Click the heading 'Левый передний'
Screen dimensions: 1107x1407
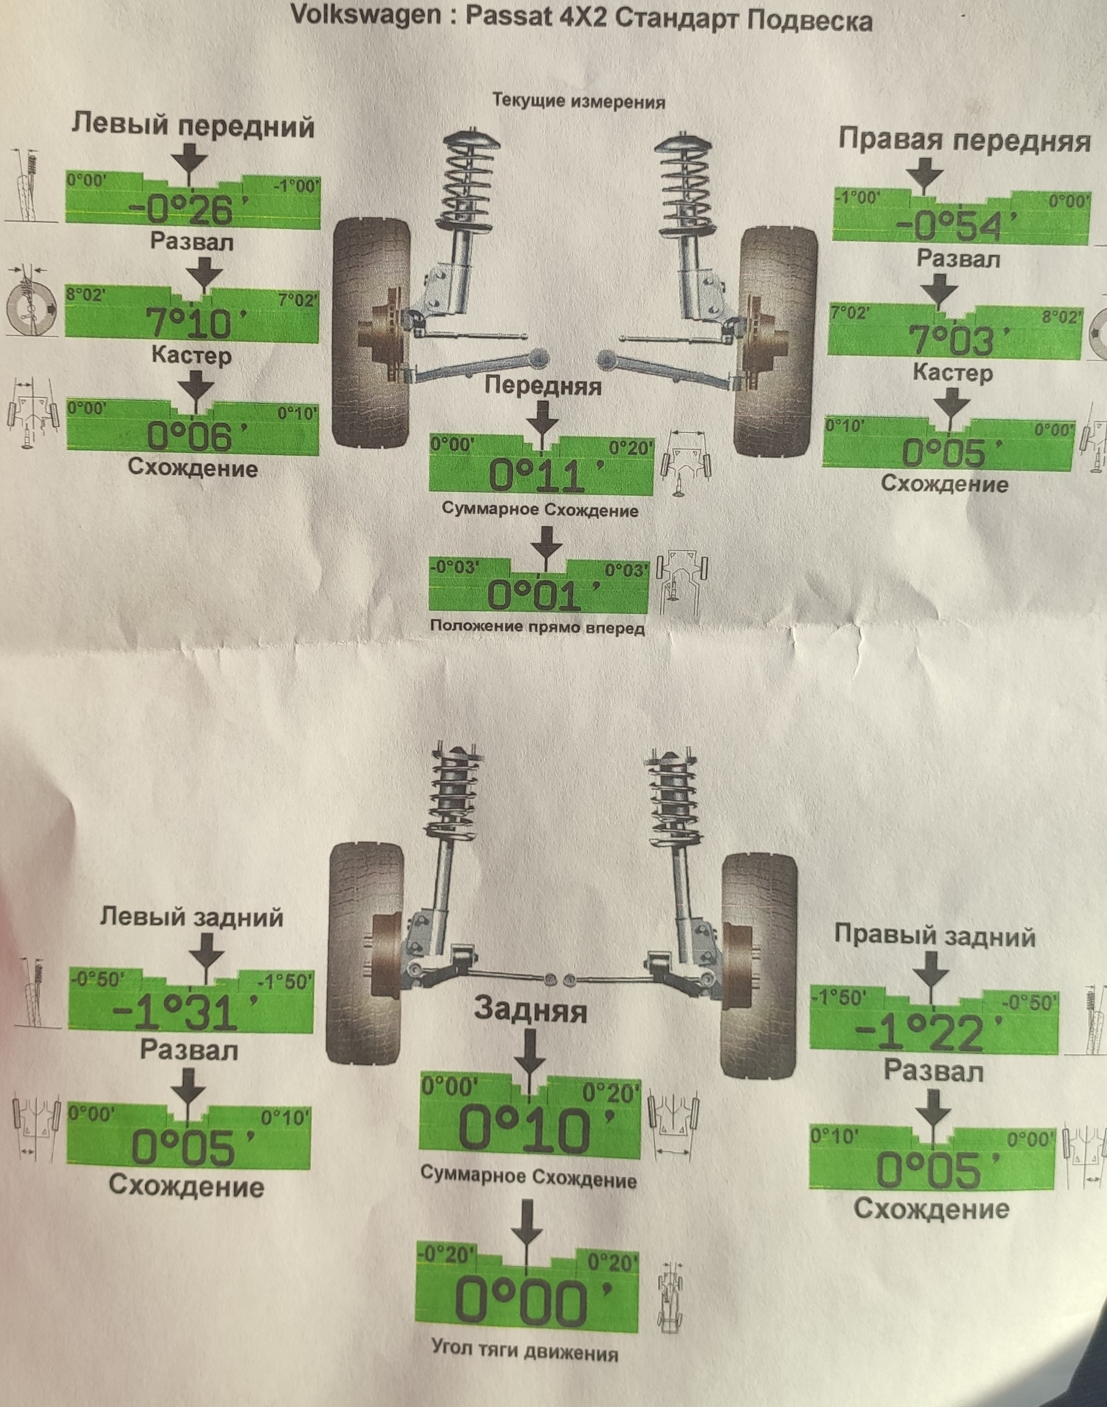pyautogui.click(x=193, y=126)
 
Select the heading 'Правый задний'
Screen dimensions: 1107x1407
pyautogui.click(x=935, y=935)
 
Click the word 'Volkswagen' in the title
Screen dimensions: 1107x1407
pyautogui.click(x=366, y=15)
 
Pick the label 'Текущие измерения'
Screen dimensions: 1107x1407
pyautogui.click(x=578, y=100)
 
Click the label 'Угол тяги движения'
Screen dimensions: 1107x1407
pyautogui.click(x=525, y=1352)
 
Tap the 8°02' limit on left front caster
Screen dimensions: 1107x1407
pyautogui.click(x=86, y=295)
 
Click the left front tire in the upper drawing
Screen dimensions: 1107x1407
pyautogui.click(x=371, y=333)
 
